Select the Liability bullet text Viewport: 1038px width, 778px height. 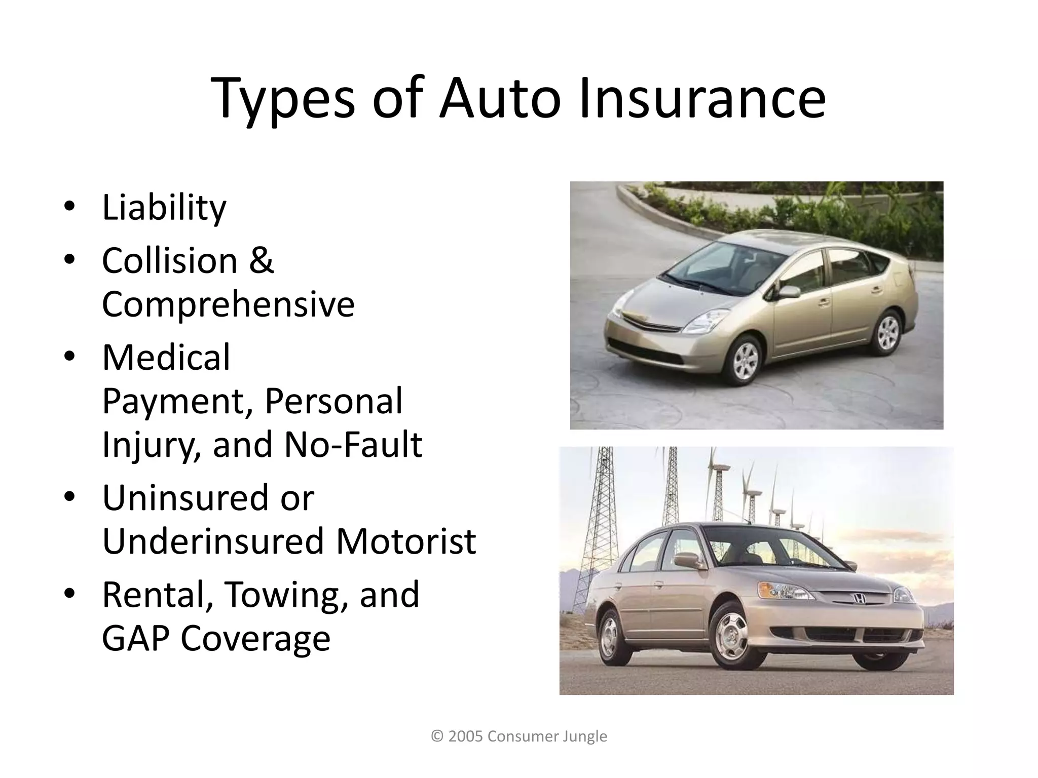(x=164, y=208)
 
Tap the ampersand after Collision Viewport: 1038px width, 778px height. (x=261, y=261)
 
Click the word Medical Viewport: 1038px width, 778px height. (x=166, y=358)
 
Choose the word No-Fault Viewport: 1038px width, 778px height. (x=353, y=445)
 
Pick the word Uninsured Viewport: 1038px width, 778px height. (x=184, y=498)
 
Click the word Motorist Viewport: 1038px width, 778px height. (x=405, y=541)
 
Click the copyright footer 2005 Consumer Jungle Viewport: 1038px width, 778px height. (x=519, y=736)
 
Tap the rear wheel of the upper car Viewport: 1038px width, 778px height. (x=887, y=331)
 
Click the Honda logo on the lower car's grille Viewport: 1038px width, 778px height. (x=859, y=599)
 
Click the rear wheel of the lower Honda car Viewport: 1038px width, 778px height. (x=610, y=636)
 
